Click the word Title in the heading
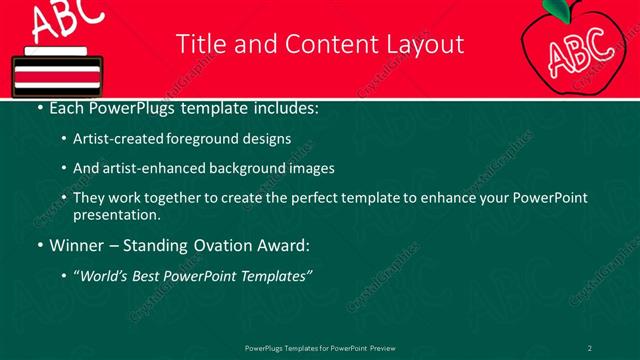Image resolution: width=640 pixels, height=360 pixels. coord(199,44)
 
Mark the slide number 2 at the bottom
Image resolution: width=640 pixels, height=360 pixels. coord(590,347)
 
